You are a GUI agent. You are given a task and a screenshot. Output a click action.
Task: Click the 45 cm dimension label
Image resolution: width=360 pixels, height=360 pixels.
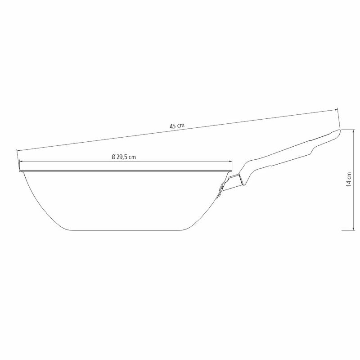[x=177, y=126]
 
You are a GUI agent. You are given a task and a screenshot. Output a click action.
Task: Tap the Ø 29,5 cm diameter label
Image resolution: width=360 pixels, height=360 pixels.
[x=124, y=157]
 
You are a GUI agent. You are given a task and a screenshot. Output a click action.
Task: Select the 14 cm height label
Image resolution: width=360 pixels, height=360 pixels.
[x=349, y=179]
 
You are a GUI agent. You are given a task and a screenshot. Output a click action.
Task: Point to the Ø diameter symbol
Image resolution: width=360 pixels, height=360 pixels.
[x=113, y=157]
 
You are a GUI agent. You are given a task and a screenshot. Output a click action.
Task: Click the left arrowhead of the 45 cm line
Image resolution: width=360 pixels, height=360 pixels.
[x=18, y=151]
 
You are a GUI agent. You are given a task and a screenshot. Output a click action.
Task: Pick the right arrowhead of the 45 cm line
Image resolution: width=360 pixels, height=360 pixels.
[x=336, y=110]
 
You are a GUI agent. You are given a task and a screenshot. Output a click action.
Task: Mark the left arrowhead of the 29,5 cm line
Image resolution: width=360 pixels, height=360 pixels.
[x=21, y=162]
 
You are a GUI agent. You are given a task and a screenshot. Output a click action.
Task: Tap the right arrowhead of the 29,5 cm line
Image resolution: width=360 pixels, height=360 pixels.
[x=231, y=162]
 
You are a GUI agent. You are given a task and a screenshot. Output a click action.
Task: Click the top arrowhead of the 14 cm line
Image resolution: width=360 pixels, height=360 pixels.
[x=353, y=131]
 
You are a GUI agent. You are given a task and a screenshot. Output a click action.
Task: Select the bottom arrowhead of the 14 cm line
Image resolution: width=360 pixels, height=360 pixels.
[x=353, y=229]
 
